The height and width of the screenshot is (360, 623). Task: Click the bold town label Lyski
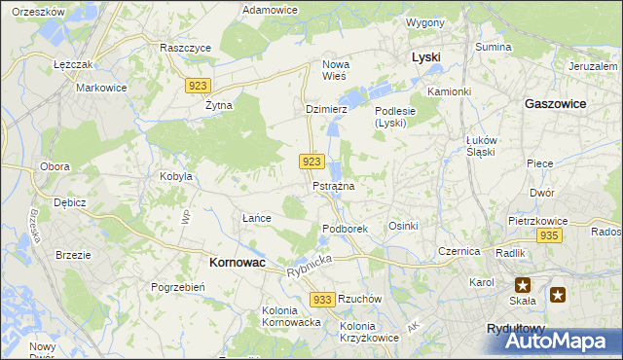pos(425,57)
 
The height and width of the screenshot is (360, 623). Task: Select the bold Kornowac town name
pos(239,262)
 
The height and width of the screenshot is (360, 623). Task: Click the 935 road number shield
pos(549,236)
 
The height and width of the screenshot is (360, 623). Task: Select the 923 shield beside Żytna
pos(198,86)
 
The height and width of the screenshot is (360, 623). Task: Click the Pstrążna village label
pos(333,185)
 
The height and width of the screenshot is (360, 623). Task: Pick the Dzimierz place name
pos(326,110)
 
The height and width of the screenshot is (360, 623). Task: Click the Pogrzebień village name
pos(177,287)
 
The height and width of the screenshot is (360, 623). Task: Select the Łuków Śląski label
pos(481,145)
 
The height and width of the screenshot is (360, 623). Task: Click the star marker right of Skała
pos(558,294)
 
